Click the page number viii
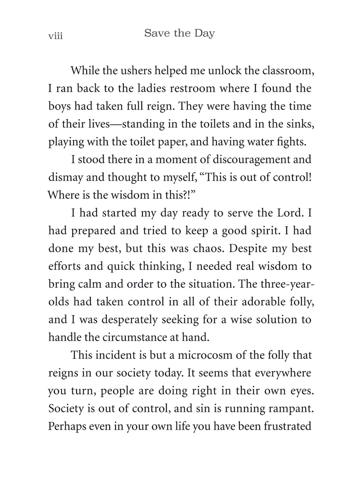coord(55,36)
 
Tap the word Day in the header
coord(203,34)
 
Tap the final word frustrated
coord(287,426)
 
